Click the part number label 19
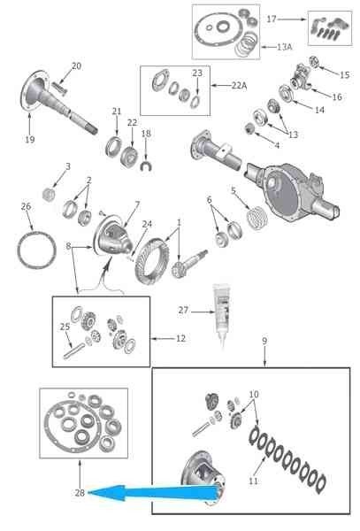pos(30,139)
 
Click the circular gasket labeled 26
pos(36,250)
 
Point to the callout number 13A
pos(284,47)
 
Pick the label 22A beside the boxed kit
pos(239,86)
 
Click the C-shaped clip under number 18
pos(146,166)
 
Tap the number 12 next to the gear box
pos(180,338)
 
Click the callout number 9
pos(264,341)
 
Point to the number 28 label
pos(80,493)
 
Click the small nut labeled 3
pos(49,195)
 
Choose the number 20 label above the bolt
pos(76,66)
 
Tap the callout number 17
pos(272,19)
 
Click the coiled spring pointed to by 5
pos(257,218)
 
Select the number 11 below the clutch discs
pos(254,481)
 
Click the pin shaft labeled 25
pos(73,350)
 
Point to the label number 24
pos(147,224)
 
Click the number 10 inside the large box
pos(254,394)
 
